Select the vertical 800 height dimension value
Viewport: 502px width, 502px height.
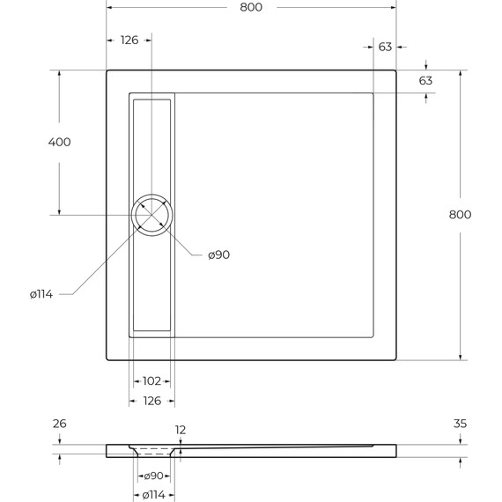[x=460, y=215]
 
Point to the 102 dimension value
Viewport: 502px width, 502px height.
[x=151, y=381]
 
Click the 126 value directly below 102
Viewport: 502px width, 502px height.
[x=151, y=401]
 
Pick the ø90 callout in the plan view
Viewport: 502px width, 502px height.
[x=218, y=255]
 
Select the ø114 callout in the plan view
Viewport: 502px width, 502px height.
[x=41, y=294]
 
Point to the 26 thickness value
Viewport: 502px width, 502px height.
[x=59, y=424]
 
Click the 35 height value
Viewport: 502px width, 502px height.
[x=460, y=424]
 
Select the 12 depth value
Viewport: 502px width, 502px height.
[x=181, y=431]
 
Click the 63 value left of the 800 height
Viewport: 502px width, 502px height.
[x=425, y=81]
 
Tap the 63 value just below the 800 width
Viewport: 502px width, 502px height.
[x=385, y=48]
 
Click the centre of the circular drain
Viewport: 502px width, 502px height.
[x=151, y=215]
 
